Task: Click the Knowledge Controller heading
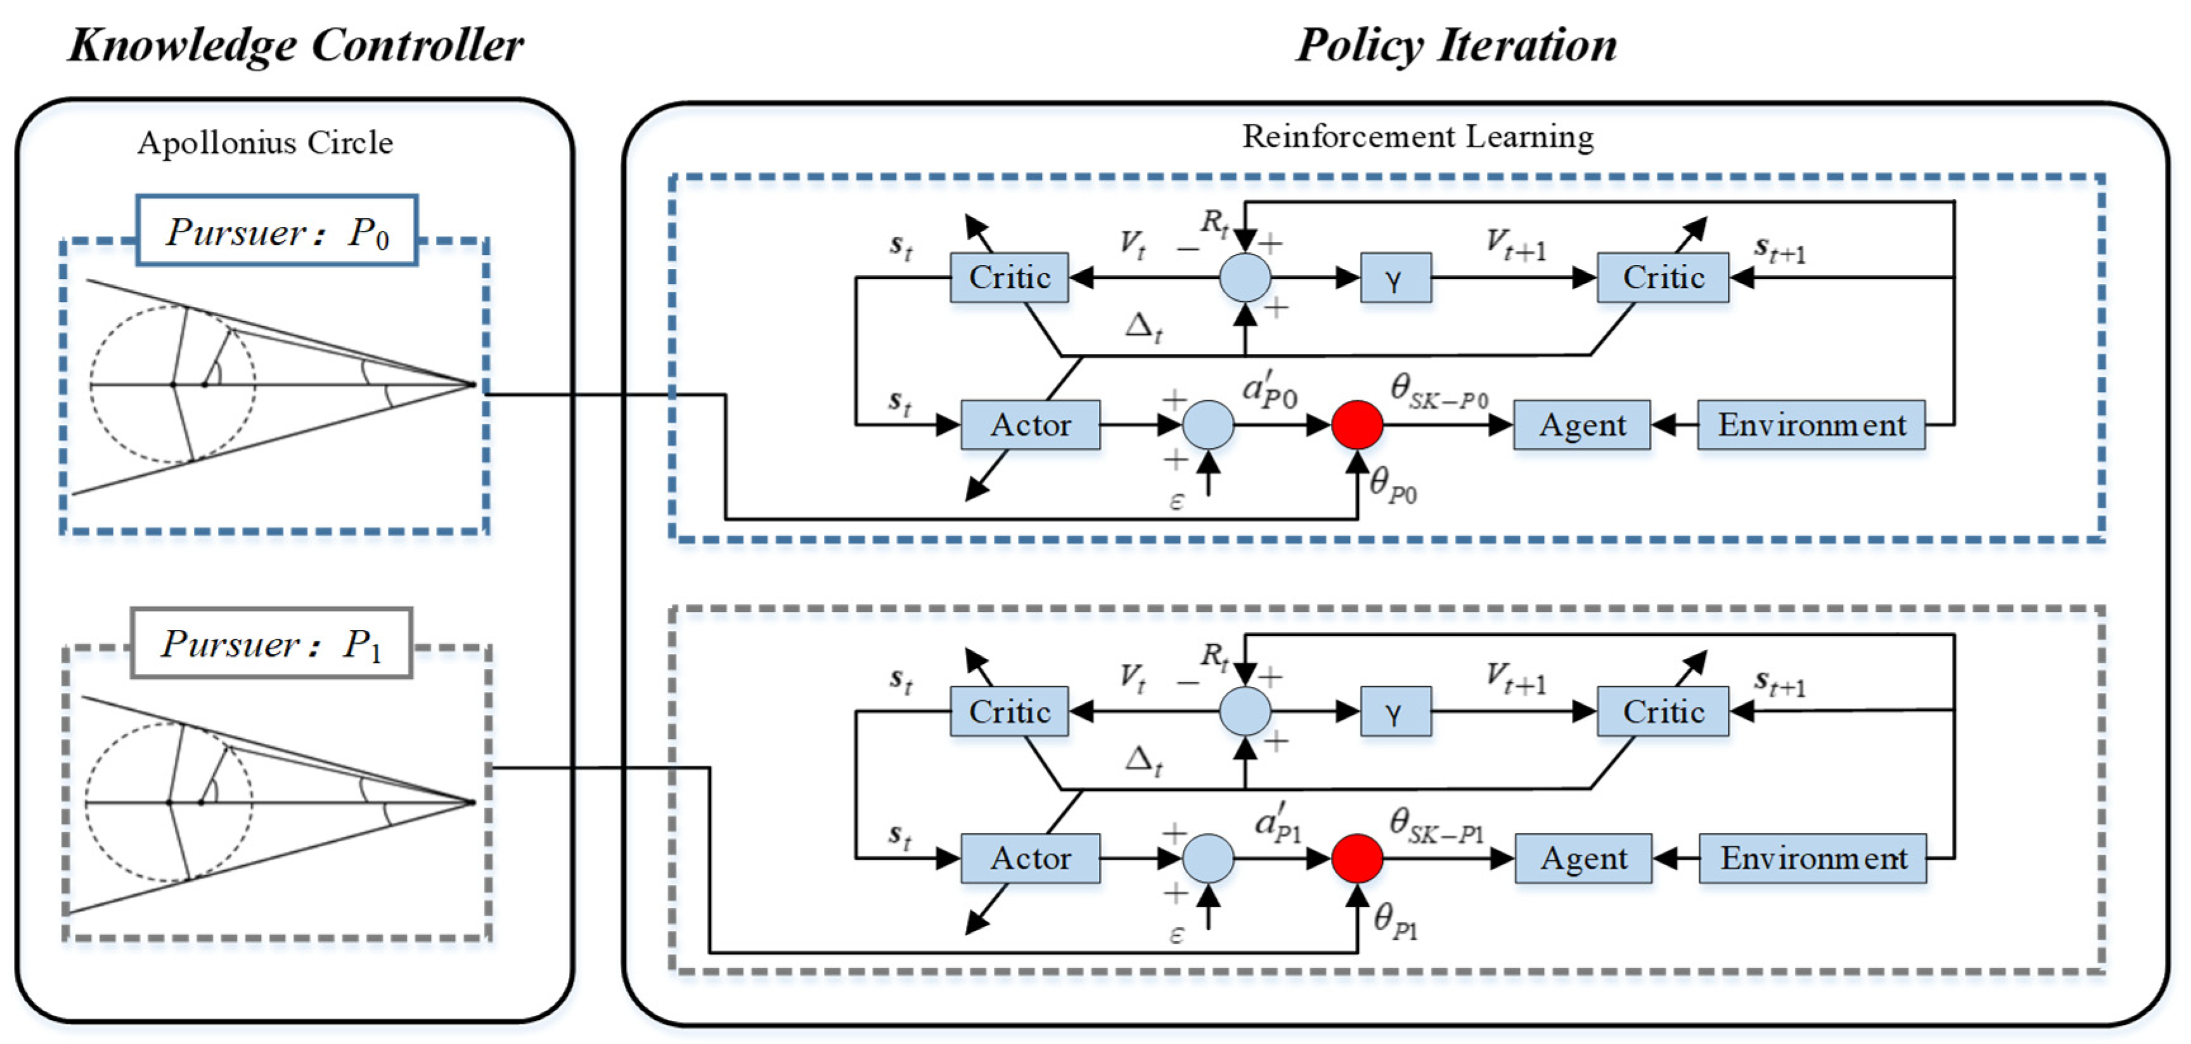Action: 295,45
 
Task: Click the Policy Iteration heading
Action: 1455,45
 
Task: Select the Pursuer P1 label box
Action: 271,643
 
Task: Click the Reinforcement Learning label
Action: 1417,136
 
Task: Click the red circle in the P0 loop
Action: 1356,424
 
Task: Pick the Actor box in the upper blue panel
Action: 1029,424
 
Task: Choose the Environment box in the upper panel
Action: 1811,424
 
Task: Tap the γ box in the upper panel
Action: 1395,277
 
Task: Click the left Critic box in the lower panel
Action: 1009,710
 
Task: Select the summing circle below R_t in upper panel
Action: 1244,277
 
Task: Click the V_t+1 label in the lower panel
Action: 1515,678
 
